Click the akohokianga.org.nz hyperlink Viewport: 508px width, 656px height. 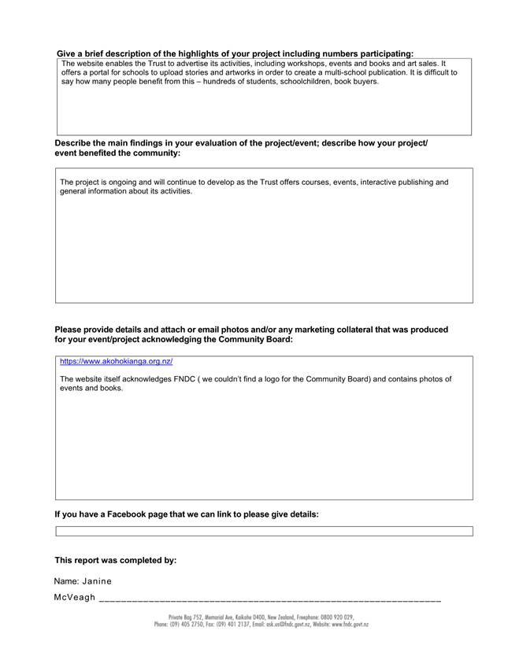coord(116,362)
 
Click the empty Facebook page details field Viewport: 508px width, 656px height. coord(264,532)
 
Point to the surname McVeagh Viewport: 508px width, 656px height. coord(75,599)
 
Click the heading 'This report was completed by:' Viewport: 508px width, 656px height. coord(115,560)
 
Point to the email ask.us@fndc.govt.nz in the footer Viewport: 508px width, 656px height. coord(278,625)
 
